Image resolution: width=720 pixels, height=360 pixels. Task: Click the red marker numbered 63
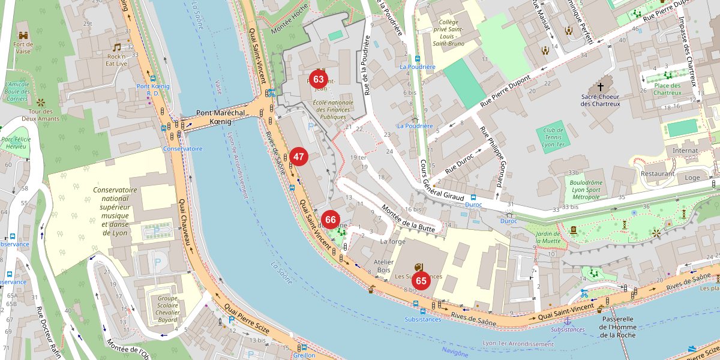click(319, 79)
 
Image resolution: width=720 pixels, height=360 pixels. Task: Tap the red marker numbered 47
click(299, 157)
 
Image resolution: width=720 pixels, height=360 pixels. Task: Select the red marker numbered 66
click(330, 220)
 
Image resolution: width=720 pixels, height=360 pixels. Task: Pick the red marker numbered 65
click(421, 280)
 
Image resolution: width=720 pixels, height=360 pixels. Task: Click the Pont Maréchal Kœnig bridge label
click(220, 117)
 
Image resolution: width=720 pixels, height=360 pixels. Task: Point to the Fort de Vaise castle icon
click(23, 35)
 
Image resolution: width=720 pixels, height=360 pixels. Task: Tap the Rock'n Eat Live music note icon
click(117, 47)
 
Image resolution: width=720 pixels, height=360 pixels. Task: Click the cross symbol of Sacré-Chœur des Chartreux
click(600, 86)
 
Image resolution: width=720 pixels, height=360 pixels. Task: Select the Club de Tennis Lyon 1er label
click(554, 137)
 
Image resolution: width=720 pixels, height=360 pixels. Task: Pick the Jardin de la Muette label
click(547, 237)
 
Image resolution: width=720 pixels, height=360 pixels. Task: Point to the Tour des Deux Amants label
click(41, 115)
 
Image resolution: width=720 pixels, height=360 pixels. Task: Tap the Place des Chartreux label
click(667, 89)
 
